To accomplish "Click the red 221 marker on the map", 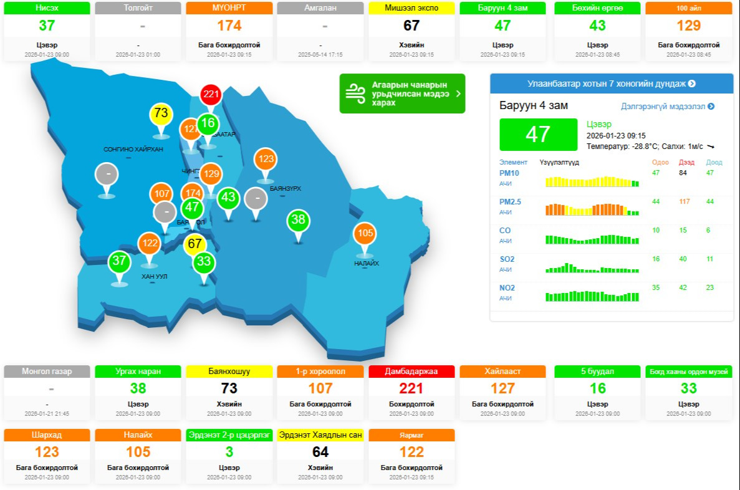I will click(x=211, y=95).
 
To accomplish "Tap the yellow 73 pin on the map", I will click(x=161, y=113).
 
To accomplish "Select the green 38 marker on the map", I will click(x=298, y=219).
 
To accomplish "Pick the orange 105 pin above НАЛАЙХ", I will click(x=365, y=233).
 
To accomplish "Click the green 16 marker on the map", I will click(x=208, y=123).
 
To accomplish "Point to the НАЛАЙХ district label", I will click(x=367, y=263).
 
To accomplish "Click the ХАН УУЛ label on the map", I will click(x=154, y=276).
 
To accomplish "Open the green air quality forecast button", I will click(x=402, y=94).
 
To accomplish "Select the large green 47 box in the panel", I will click(x=538, y=135).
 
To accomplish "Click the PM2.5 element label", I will click(x=510, y=202).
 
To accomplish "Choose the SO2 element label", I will click(x=507, y=259).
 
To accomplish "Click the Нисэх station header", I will click(x=47, y=8).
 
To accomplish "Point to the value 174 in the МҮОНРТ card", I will click(x=229, y=26).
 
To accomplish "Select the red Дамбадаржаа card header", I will click(x=411, y=372).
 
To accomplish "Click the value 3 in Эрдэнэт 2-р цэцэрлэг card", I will click(x=229, y=452).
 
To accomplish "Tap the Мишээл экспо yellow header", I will click(x=411, y=8).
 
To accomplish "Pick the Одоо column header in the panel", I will click(x=660, y=162).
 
